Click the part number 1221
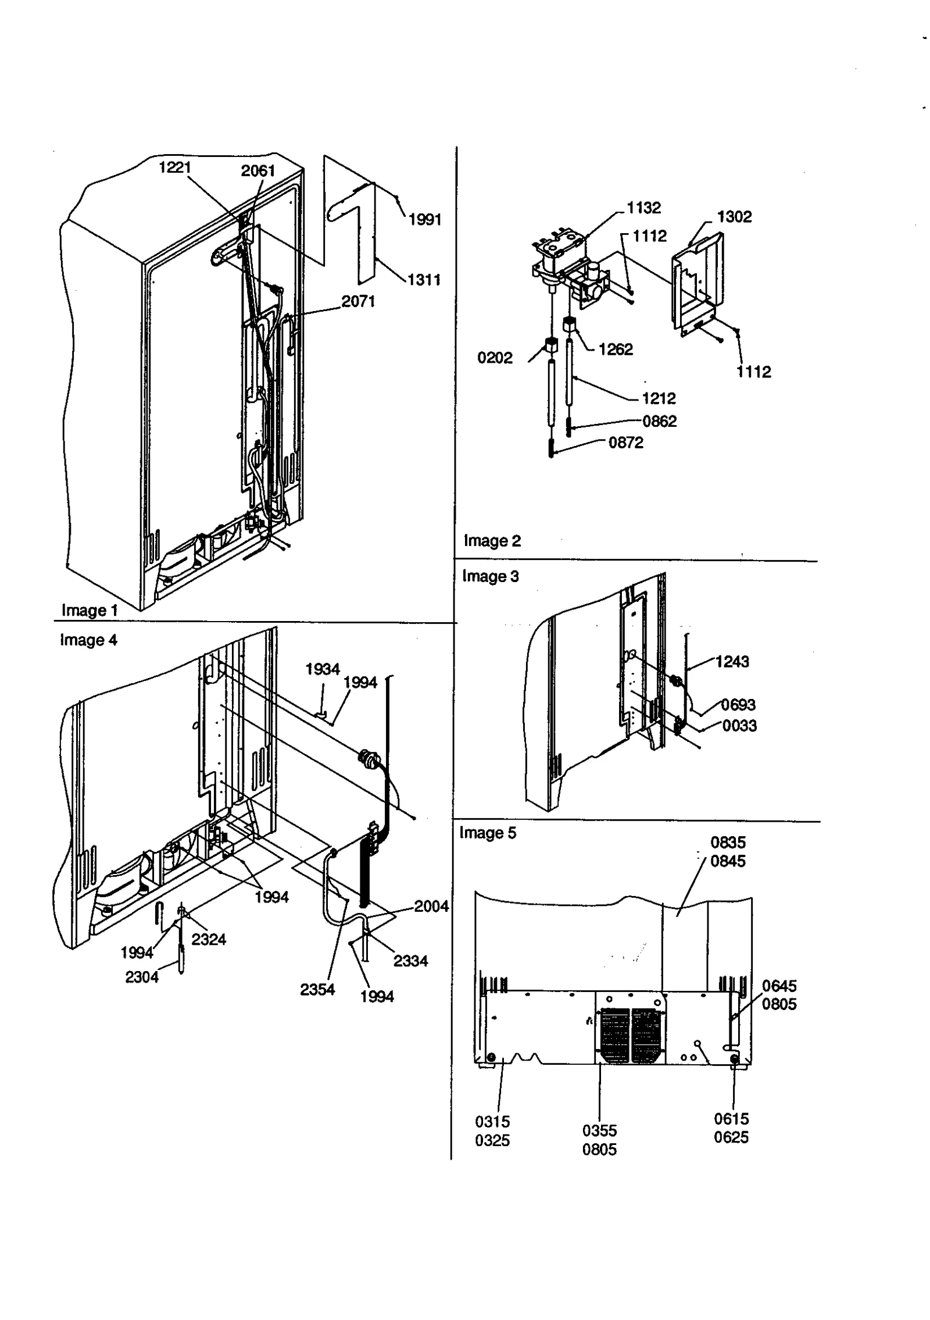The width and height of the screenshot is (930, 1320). (174, 167)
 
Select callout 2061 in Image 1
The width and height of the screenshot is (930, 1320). (257, 170)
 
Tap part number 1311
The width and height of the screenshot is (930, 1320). (424, 280)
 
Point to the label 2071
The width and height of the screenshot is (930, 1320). (358, 301)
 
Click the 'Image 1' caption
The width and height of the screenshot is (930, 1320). (90, 610)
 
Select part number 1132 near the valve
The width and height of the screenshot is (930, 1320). (643, 208)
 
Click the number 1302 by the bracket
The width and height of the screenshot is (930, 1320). (734, 217)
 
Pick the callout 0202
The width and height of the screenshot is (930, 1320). (495, 358)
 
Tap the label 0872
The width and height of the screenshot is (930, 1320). (625, 443)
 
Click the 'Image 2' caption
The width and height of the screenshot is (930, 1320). (492, 541)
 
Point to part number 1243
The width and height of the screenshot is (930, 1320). (732, 661)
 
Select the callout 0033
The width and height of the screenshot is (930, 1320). (739, 726)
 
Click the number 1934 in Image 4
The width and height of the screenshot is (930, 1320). (323, 669)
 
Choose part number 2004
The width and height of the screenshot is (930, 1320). (431, 906)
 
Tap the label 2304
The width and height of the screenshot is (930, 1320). (142, 977)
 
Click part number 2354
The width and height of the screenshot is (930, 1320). (317, 989)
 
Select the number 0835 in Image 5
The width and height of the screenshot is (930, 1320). (728, 842)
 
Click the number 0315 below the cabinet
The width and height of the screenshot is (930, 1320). (492, 1121)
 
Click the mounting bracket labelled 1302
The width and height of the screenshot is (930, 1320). (697, 285)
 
